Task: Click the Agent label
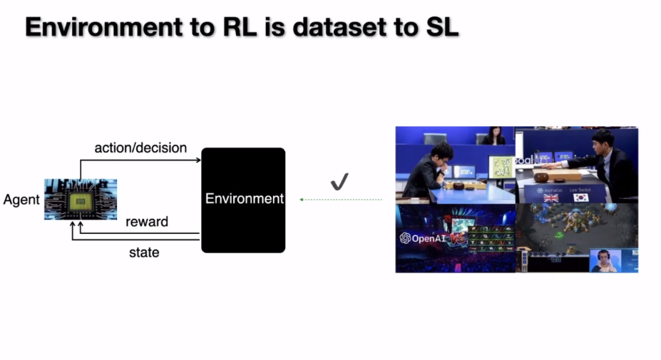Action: click(21, 200)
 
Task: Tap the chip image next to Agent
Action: click(80, 199)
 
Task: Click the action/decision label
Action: click(140, 148)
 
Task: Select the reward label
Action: click(147, 222)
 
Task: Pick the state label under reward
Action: click(144, 252)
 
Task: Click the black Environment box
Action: click(243, 200)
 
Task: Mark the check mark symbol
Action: click(339, 182)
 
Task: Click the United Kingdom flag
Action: click(550, 198)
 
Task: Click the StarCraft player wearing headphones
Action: click(604, 260)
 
